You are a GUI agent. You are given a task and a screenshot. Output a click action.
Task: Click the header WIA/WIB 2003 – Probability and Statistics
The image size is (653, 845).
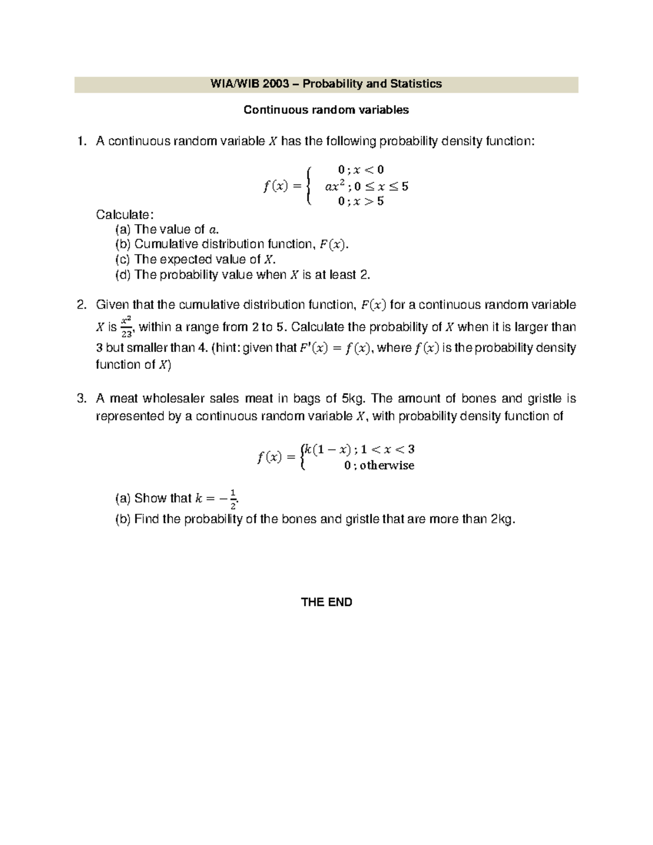pos(326,84)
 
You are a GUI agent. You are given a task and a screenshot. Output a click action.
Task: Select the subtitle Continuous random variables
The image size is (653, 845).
pos(326,110)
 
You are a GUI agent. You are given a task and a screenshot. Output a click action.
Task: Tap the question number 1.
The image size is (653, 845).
pos(82,141)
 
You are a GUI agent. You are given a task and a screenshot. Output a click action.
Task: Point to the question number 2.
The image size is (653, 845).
pos(82,305)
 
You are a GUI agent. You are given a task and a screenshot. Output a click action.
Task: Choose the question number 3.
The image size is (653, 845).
pos(82,399)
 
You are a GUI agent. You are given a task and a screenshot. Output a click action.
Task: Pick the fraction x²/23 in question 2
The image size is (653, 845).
pos(126,328)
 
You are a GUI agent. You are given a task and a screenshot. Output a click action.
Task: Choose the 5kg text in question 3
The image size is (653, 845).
pos(352,399)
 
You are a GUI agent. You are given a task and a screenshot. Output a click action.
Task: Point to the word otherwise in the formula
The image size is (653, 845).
pos(387,466)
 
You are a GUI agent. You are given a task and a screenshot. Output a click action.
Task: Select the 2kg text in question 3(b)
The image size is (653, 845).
pos(501,519)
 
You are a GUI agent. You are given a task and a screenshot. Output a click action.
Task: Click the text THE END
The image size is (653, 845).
pos(326,602)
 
